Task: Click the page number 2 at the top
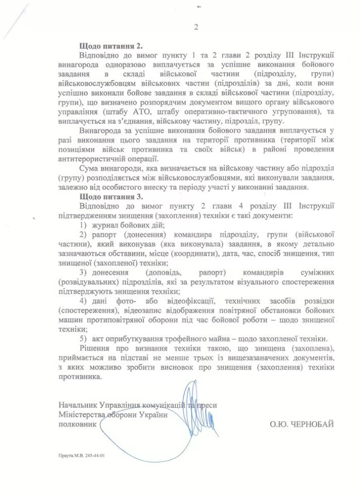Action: click(x=196, y=28)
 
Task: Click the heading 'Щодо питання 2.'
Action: click(x=111, y=46)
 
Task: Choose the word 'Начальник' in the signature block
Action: click(x=78, y=405)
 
